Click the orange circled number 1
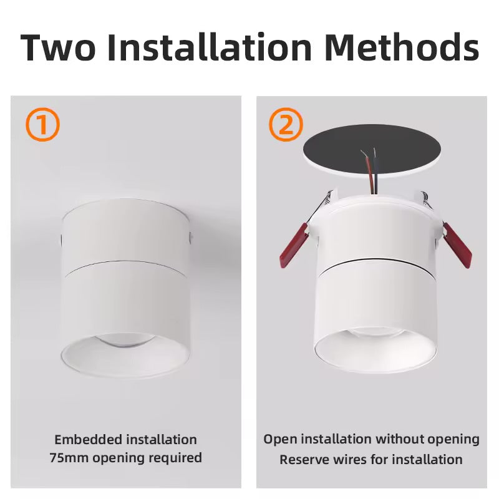(42, 125)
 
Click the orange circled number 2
(286, 125)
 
